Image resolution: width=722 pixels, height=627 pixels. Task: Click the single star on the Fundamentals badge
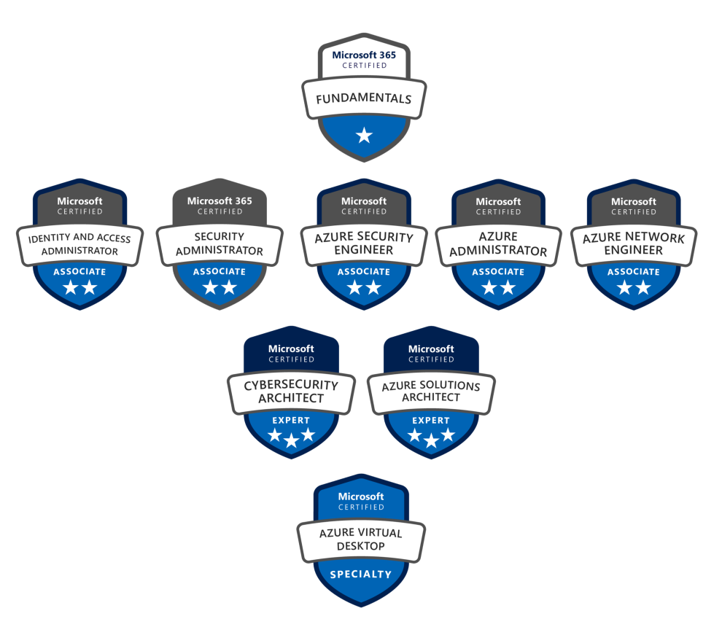coord(364,135)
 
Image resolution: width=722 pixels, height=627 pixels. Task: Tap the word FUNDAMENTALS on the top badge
coord(364,99)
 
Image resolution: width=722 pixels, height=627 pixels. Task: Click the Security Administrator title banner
coord(219,244)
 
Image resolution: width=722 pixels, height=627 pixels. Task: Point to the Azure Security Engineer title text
coord(363,244)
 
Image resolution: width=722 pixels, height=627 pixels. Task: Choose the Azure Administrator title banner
coord(498,244)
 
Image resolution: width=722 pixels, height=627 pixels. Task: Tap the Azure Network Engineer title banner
coord(633,244)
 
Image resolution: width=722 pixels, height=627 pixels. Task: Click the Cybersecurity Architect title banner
coord(291,392)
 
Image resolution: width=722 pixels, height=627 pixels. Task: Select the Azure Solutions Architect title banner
coord(431,392)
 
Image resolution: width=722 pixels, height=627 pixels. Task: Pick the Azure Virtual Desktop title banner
coord(361,540)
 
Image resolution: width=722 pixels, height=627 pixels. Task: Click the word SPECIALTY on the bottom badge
coord(361,575)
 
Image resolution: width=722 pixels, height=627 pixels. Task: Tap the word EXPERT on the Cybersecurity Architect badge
coord(291,420)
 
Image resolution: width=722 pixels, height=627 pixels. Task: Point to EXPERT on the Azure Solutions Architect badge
coord(431,420)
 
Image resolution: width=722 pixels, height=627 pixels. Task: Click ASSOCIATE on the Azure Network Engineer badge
coord(633,272)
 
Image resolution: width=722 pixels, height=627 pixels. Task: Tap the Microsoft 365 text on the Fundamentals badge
coord(364,55)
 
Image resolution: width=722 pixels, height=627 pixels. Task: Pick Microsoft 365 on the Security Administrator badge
coord(219,200)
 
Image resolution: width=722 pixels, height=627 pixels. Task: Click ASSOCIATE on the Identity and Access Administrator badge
coord(79,272)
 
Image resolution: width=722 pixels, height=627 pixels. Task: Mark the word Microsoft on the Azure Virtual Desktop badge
coord(361,496)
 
